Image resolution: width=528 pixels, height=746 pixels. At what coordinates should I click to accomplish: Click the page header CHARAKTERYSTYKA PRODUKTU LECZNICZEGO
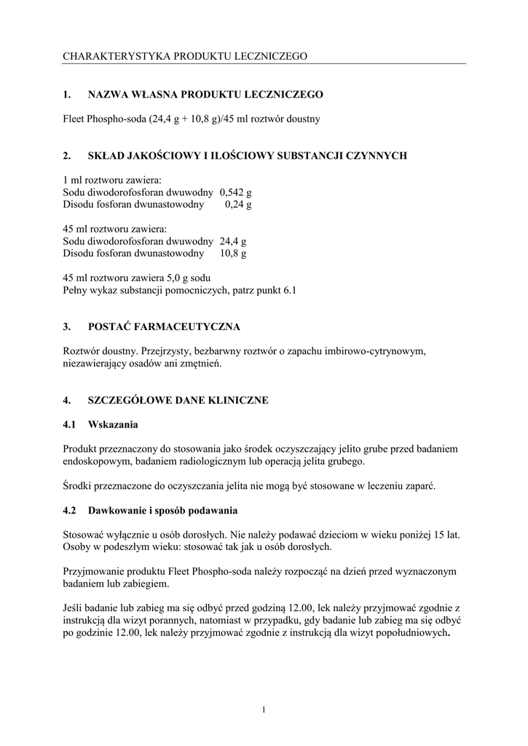(x=185, y=55)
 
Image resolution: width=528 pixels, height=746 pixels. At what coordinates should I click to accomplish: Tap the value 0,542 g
(x=235, y=192)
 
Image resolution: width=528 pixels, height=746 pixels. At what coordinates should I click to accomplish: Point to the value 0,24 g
(x=238, y=205)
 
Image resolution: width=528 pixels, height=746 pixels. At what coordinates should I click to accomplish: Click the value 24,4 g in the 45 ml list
(x=233, y=241)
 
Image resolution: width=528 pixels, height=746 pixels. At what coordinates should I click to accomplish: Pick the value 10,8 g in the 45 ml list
(x=233, y=254)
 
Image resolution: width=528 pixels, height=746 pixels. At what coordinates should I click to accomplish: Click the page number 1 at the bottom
(x=264, y=710)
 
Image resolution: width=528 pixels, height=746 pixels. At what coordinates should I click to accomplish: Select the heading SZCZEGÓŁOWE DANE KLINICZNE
(x=178, y=400)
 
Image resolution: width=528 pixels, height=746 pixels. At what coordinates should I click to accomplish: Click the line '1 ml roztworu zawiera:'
(x=112, y=180)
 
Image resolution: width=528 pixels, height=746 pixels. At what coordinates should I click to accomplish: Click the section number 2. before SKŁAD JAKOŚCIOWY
(x=66, y=155)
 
